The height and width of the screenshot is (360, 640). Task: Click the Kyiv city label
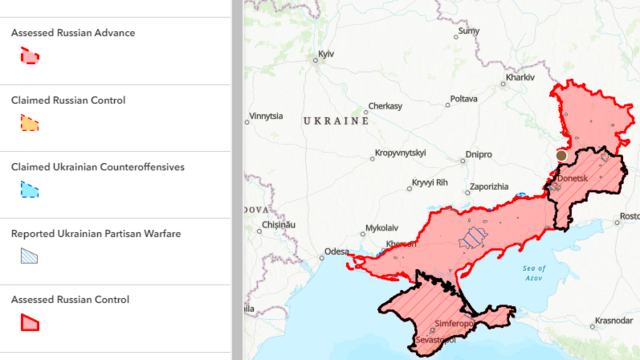[326, 53]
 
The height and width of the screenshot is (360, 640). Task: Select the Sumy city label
[468, 31]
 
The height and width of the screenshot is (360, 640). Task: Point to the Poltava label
[463, 99]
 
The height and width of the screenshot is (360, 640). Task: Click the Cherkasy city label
[385, 106]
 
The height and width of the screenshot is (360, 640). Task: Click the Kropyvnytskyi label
[400, 153]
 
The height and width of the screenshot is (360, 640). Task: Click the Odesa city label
[337, 251]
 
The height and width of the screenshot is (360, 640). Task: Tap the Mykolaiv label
[381, 228]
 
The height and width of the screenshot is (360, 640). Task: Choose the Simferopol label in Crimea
[453, 324]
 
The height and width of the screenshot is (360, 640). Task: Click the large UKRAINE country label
[337, 120]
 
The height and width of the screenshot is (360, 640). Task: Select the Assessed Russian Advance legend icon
[30, 57]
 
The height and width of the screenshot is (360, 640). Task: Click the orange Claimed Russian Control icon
[30, 124]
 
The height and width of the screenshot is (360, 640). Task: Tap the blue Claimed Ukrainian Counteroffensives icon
[30, 190]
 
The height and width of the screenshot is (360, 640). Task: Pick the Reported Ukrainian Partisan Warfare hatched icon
[30, 256]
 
